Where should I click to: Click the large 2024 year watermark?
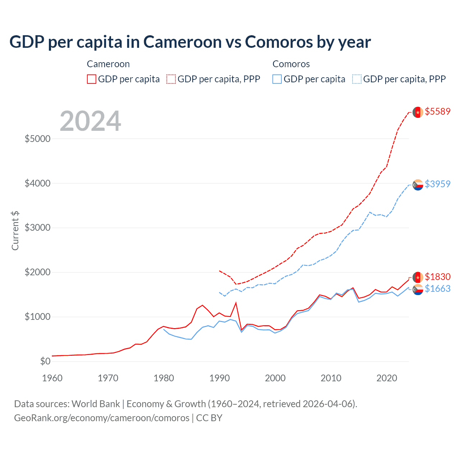(90, 121)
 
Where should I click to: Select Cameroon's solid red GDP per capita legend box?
(92, 79)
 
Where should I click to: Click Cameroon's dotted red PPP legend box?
(171, 79)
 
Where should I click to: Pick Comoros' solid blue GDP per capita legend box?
(277, 79)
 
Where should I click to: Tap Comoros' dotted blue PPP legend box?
(357, 79)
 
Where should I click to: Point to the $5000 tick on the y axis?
(37, 139)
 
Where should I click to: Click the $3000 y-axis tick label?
(37, 228)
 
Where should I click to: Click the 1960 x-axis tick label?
(52, 378)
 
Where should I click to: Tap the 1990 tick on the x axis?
(220, 378)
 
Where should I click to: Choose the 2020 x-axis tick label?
(387, 378)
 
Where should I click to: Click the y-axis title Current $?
(15, 230)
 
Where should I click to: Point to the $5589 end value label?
(437, 111)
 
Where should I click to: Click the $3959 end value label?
(437, 184)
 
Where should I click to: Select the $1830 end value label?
(437, 277)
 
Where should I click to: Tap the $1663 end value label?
(437, 289)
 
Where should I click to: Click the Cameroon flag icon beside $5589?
(418, 112)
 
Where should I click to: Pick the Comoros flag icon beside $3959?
(418, 185)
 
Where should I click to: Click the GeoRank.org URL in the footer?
(102, 418)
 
